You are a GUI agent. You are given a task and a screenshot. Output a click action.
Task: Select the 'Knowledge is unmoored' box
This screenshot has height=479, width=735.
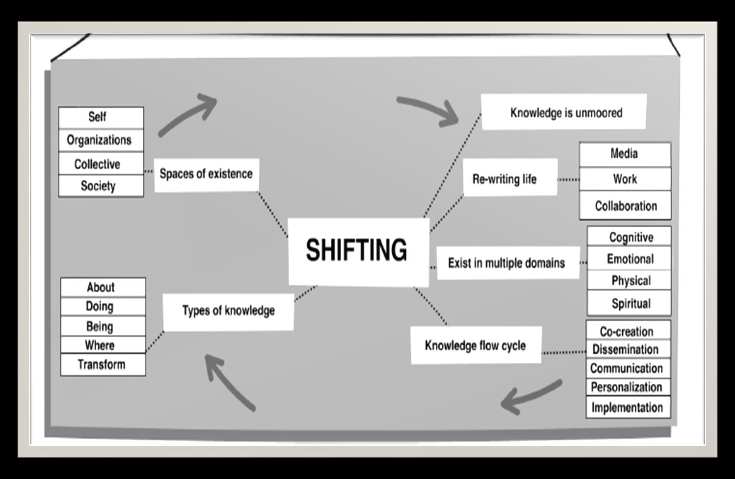point(564,112)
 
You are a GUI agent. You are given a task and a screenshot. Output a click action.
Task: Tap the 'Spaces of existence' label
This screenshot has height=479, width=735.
point(206,174)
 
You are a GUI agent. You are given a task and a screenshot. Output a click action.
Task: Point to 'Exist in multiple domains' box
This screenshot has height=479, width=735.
point(507,263)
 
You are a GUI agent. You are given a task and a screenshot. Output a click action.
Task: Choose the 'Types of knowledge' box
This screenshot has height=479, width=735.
point(228,311)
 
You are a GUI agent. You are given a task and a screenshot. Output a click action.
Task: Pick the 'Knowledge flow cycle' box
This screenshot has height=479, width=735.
point(476,345)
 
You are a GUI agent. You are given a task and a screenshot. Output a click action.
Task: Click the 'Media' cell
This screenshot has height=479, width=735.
point(625,154)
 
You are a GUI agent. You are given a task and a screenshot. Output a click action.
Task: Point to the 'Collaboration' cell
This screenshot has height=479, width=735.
point(625,206)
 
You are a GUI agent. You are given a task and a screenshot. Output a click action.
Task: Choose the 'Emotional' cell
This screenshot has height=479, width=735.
point(629,259)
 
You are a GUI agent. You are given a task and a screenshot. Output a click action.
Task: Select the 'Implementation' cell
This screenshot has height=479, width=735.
point(627,407)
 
